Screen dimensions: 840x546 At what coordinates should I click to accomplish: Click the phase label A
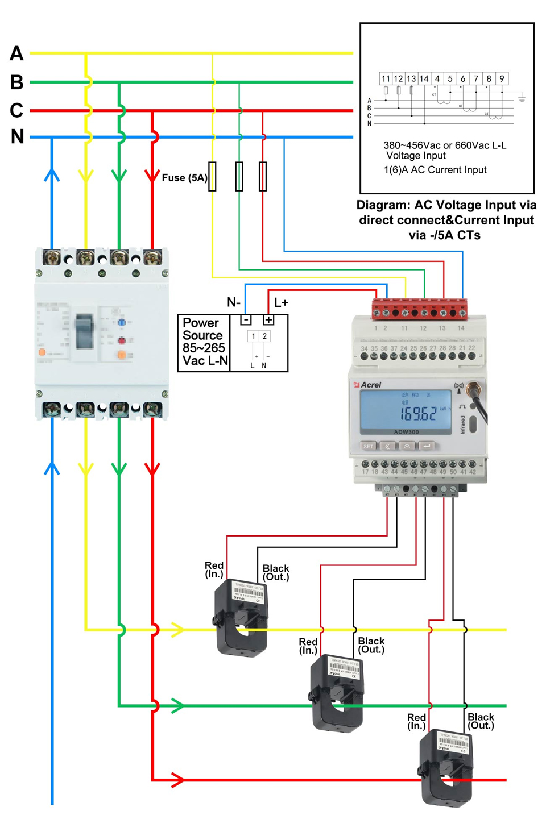(x=16, y=53)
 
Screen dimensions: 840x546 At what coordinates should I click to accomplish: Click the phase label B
(x=16, y=82)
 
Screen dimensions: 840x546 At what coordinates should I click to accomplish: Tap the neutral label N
(x=17, y=137)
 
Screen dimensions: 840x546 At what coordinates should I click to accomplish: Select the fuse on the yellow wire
(x=212, y=176)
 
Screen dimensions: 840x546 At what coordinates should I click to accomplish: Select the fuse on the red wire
(x=263, y=176)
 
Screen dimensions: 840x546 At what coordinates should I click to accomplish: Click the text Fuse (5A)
(x=184, y=178)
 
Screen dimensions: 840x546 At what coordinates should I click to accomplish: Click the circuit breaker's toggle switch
(x=84, y=331)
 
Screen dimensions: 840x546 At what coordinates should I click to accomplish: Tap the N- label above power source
(x=234, y=302)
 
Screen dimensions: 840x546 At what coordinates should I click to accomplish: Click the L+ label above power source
(x=281, y=302)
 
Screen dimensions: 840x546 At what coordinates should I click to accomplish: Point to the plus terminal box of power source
(x=268, y=320)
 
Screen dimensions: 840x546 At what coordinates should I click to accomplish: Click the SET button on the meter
(x=369, y=446)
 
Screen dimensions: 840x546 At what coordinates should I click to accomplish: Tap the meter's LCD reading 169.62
(x=417, y=413)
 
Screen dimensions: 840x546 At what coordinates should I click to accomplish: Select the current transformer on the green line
(x=337, y=693)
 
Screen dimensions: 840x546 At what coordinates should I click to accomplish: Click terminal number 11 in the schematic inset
(x=386, y=78)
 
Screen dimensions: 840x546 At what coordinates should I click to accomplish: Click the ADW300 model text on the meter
(x=406, y=432)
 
